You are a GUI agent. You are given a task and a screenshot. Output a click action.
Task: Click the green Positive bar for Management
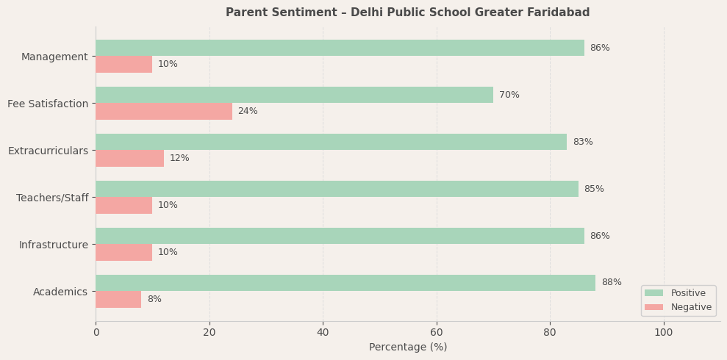[x=340, y=48]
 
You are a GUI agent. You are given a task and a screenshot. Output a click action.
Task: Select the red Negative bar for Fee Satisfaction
[x=164, y=111]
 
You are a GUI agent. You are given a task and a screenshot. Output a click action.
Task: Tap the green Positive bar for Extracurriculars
[x=331, y=142]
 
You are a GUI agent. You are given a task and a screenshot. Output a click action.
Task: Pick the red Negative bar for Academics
[x=118, y=299]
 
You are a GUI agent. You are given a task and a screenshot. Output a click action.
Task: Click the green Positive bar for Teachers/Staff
[x=337, y=189]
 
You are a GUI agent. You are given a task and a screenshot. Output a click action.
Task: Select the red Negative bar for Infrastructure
[x=123, y=252]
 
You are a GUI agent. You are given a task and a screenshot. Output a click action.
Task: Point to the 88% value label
[x=612, y=283]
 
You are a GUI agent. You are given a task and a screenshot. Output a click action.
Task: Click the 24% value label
[x=248, y=111]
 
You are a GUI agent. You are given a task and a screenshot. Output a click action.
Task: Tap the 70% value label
[x=509, y=95]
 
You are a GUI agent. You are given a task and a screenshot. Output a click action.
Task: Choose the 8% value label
[x=154, y=299]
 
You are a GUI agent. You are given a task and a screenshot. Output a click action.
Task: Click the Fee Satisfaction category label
[x=48, y=104]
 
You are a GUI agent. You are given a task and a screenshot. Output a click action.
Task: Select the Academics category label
[x=60, y=292]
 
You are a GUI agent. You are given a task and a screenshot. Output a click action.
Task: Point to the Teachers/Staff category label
[x=52, y=198]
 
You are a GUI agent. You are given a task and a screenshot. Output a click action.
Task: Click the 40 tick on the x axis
[x=323, y=332]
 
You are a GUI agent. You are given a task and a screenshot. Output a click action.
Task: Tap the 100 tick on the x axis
[x=664, y=332]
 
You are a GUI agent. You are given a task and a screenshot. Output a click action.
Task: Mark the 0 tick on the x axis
[x=96, y=332]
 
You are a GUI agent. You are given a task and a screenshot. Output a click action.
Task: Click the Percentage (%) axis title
[x=408, y=347]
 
